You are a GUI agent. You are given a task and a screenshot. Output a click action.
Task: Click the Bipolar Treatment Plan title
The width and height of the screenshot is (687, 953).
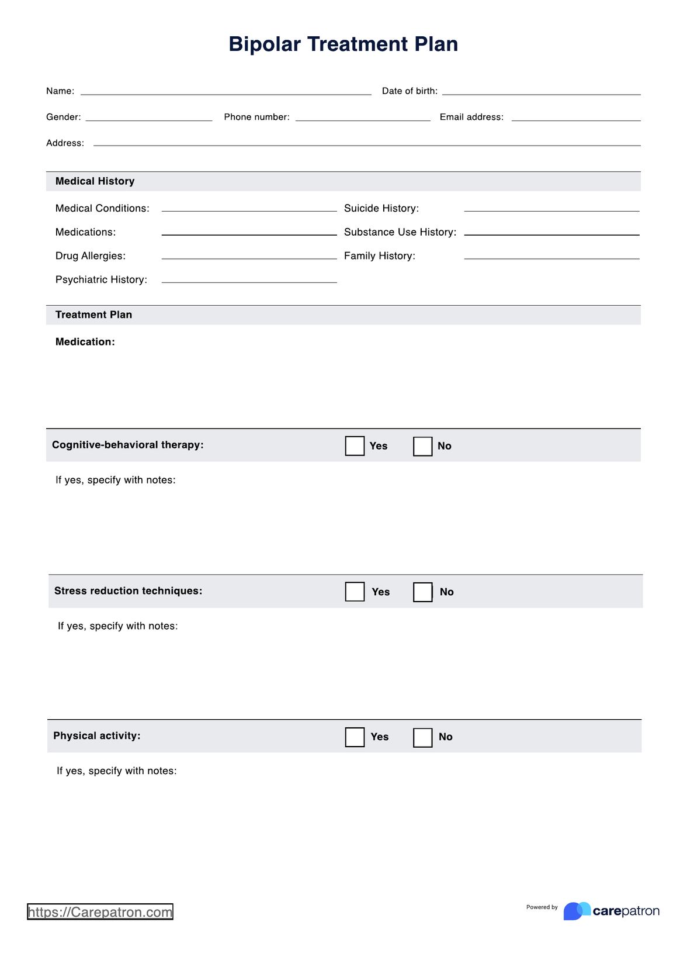click(343, 44)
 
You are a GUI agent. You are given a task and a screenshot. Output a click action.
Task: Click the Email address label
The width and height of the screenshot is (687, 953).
click(471, 117)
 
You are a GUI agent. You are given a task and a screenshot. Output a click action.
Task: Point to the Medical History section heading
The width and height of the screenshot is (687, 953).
click(95, 181)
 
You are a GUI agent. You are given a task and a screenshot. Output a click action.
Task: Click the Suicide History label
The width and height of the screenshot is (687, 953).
click(381, 208)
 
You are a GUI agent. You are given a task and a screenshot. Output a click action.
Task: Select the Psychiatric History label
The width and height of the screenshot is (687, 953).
click(101, 279)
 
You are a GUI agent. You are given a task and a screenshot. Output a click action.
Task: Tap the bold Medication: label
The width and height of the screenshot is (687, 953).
click(85, 342)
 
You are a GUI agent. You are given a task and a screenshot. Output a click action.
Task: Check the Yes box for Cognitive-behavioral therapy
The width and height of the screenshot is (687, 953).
click(355, 446)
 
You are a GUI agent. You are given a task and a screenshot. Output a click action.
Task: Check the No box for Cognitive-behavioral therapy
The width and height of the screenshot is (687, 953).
click(422, 446)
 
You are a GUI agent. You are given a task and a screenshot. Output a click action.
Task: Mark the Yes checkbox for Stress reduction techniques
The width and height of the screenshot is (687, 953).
click(355, 592)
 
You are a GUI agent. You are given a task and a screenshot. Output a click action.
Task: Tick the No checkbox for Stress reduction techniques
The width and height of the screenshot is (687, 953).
click(422, 592)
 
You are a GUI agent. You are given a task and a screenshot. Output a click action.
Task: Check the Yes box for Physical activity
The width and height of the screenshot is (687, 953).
click(355, 737)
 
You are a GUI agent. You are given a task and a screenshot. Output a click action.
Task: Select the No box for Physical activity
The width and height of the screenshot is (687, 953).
click(422, 737)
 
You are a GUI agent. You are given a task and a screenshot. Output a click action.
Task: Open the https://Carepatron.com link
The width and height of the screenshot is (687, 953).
click(100, 912)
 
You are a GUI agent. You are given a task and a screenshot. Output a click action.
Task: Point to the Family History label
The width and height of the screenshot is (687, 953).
click(380, 256)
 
